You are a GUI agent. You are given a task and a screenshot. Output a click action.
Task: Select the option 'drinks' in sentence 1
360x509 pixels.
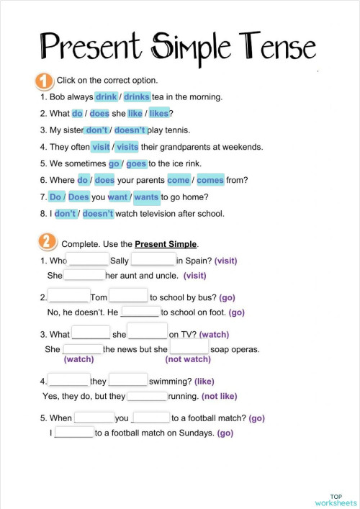tap(137, 96)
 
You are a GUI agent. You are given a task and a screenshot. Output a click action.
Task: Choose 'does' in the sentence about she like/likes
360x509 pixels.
tap(99, 113)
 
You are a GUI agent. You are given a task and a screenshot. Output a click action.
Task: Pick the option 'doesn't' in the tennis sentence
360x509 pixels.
tap(130, 130)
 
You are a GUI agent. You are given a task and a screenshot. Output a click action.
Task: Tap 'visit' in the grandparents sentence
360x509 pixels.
tap(101, 147)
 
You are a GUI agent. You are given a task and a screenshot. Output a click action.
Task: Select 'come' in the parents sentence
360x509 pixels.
tap(178, 180)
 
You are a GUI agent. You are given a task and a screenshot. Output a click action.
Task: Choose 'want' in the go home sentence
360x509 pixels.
tap(117, 197)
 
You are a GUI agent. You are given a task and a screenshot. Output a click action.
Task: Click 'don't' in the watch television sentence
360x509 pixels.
tap(65, 213)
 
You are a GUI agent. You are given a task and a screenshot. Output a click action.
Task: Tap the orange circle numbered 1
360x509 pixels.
tap(42, 81)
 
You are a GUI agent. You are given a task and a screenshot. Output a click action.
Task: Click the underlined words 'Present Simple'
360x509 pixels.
tap(166, 244)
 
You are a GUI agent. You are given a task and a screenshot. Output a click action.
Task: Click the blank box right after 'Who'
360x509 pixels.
tap(88, 260)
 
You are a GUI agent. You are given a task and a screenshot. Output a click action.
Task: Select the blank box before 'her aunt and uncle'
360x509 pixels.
tap(84, 275)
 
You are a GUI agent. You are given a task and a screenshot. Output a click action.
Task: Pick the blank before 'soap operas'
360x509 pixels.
tap(189, 348)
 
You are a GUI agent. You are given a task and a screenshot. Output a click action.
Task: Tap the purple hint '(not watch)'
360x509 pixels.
tap(188, 359)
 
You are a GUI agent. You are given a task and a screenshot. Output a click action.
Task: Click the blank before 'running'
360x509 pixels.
tap(147, 396)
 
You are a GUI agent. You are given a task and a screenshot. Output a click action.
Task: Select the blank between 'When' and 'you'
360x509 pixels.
tap(94, 418)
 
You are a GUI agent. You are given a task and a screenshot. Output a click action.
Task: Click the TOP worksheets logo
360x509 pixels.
tap(336, 499)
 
